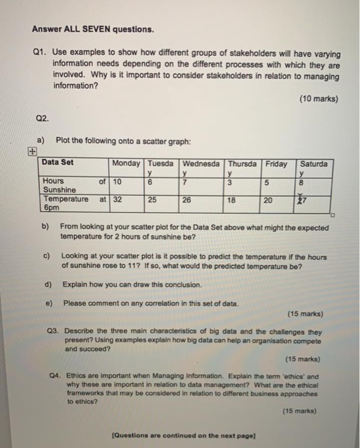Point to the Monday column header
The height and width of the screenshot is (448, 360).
click(x=127, y=163)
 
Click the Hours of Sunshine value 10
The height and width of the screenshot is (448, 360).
click(x=117, y=181)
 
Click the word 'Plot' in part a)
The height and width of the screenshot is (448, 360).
click(x=65, y=140)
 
